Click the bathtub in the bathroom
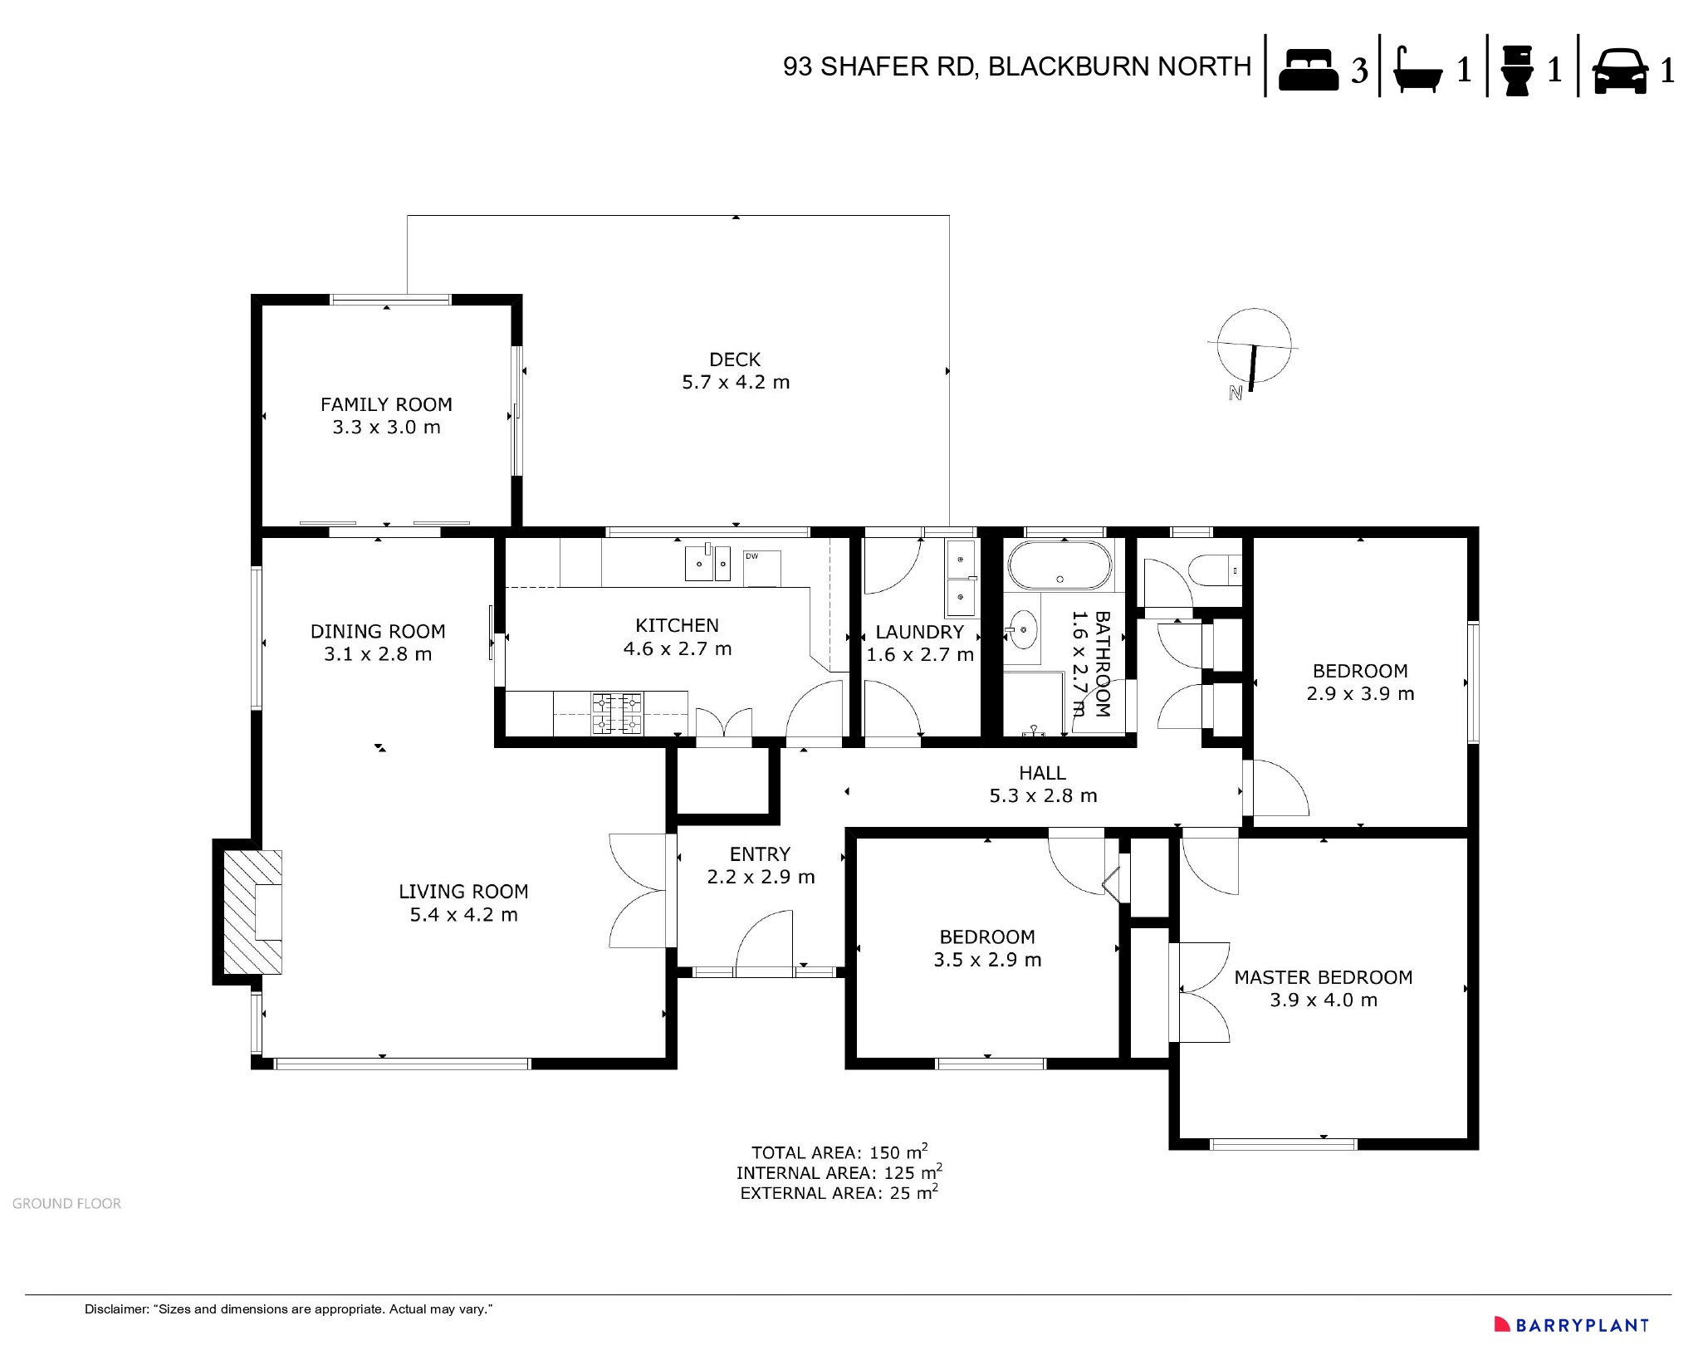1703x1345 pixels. [1059, 565]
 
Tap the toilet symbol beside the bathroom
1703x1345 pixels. [1214, 570]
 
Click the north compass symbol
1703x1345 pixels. [1253, 350]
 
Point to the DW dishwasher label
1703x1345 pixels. [751, 556]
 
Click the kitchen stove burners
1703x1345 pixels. [617, 714]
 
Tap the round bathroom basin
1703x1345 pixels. [1024, 630]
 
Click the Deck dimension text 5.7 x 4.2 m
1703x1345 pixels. [736, 383]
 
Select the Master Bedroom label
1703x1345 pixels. [1323, 977]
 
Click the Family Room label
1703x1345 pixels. [386, 404]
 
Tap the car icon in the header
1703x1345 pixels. [1620, 70]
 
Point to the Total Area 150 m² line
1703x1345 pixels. [839, 1152]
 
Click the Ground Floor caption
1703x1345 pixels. [66, 1204]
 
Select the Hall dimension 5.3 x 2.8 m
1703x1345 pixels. [1043, 796]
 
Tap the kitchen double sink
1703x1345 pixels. [707, 563]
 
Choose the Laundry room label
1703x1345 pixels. [919, 632]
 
